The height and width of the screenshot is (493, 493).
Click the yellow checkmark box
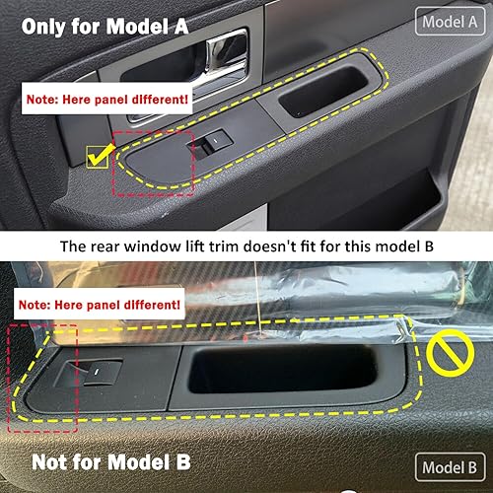(x=99, y=155)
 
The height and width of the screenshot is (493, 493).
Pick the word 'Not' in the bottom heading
(x=47, y=462)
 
